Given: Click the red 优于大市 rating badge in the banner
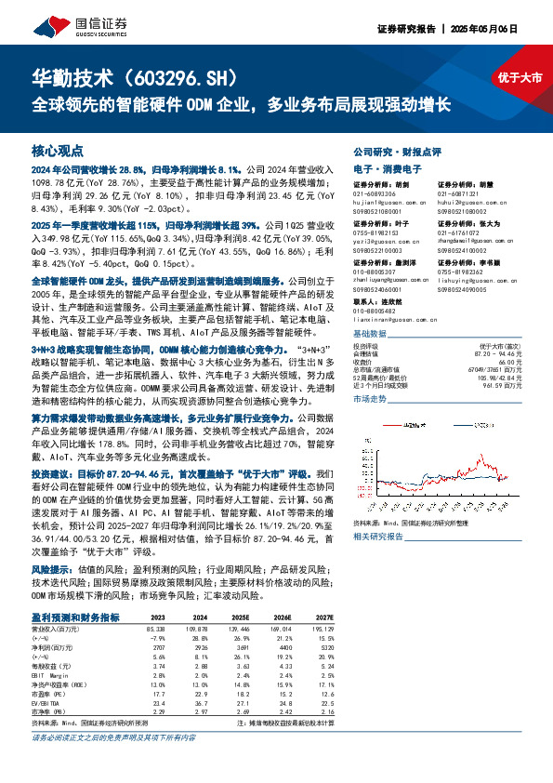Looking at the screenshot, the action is pos(520,78).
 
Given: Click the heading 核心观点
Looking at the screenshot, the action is pos(58,150).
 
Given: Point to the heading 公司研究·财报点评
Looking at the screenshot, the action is pos(398,151).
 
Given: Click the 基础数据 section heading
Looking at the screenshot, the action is pos(371,333).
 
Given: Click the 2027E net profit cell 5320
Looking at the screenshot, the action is pos(325,648).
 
